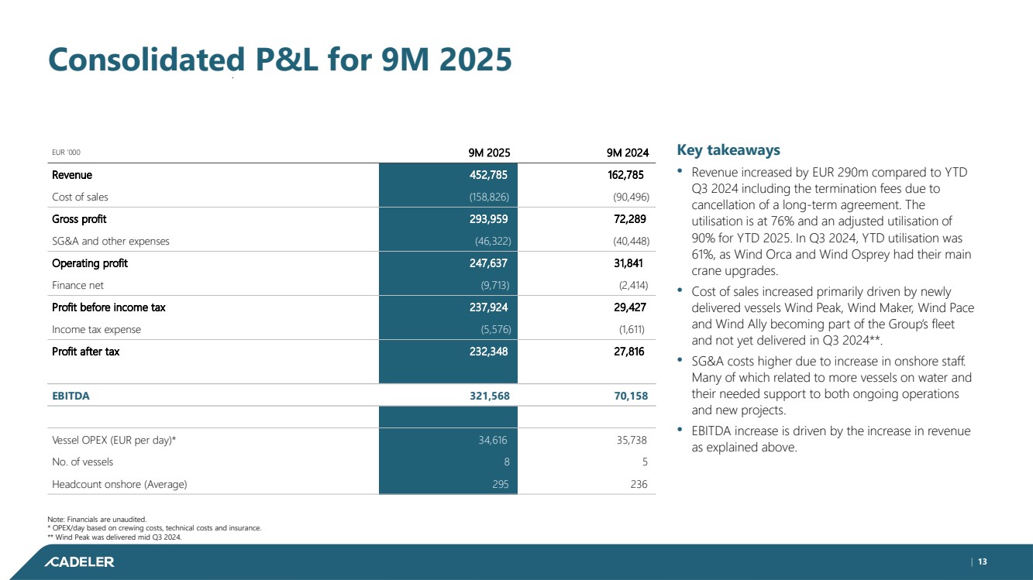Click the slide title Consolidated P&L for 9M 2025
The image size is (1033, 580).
280,60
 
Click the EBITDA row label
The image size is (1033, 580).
71,396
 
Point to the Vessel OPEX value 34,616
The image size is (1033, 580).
492,440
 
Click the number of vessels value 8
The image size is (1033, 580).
504,462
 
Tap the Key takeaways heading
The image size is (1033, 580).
728,149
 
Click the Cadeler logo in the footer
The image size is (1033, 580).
79,561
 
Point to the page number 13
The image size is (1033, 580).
982,561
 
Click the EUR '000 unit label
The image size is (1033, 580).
66,153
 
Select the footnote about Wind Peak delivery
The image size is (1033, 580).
117,537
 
